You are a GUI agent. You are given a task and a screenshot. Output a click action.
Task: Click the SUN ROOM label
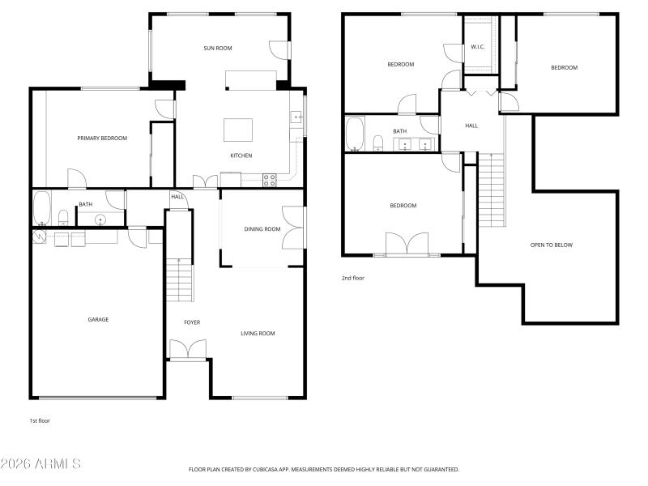(217, 49)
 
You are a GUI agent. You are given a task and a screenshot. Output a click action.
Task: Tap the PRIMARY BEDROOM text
(102, 139)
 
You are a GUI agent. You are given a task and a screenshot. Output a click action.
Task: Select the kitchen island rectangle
(238, 130)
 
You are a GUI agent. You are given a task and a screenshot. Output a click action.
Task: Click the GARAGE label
(98, 319)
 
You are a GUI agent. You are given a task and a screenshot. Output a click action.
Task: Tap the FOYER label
(192, 322)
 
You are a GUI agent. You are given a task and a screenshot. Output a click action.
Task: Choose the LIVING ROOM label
(258, 333)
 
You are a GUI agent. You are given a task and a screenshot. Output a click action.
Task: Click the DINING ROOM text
(262, 229)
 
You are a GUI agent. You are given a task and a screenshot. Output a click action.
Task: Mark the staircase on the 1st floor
(180, 279)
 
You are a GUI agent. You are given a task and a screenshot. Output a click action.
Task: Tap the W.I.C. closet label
(478, 47)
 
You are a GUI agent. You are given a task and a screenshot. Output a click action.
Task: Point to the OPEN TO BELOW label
(551, 245)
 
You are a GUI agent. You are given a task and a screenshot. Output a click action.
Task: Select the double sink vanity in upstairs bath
(416, 145)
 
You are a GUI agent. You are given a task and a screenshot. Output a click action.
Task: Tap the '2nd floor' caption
(353, 278)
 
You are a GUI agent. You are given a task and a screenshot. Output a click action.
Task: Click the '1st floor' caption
(40, 420)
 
